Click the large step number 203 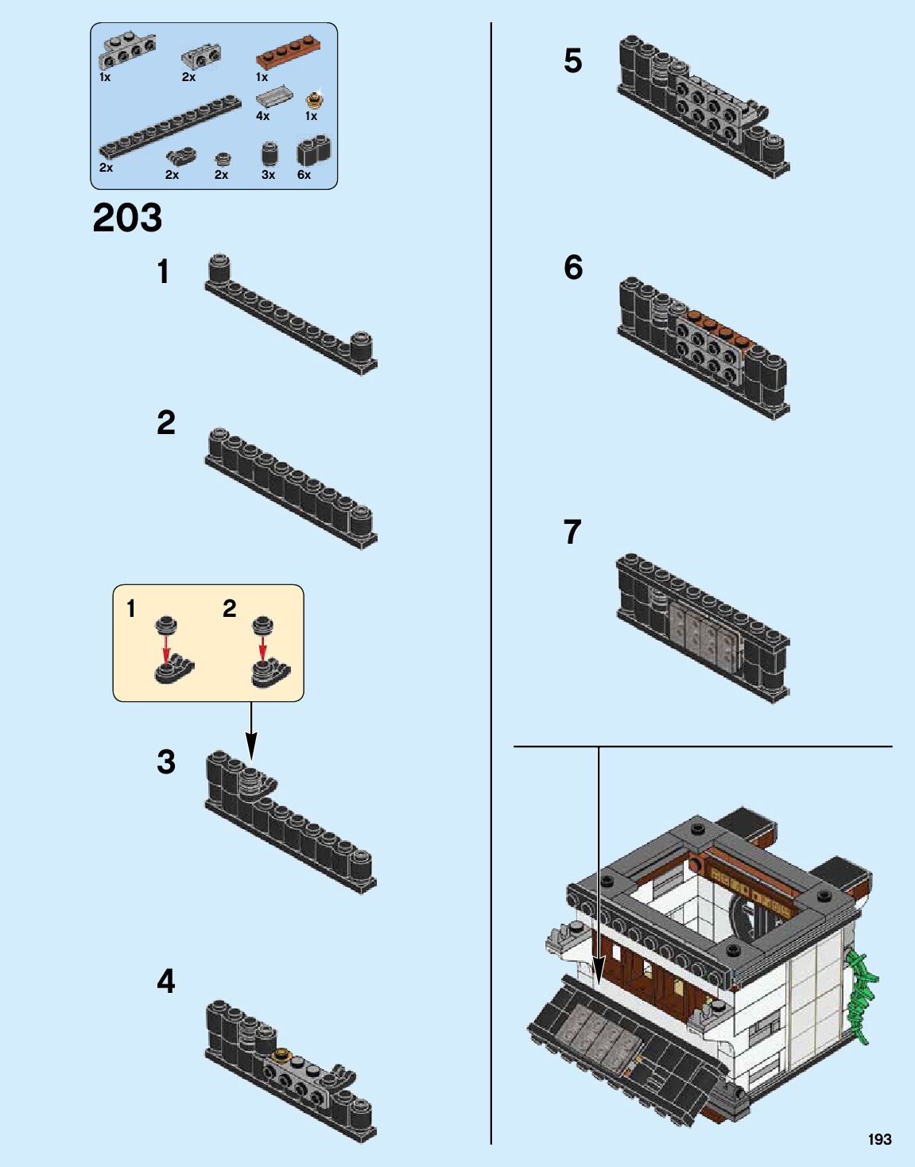(x=127, y=218)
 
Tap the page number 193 (x=879, y=1139)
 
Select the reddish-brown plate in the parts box (x=291, y=60)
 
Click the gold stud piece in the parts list (x=314, y=100)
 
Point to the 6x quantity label (x=304, y=175)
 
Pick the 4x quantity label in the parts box (x=262, y=116)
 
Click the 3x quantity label (x=268, y=175)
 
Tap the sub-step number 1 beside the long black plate (x=163, y=272)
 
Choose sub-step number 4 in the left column (x=165, y=982)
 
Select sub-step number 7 (x=572, y=532)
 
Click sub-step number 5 (x=572, y=61)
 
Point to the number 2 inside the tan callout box (x=230, y=609)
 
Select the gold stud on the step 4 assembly (x=281, y=1056)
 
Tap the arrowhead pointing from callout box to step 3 (x=251, y=746)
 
